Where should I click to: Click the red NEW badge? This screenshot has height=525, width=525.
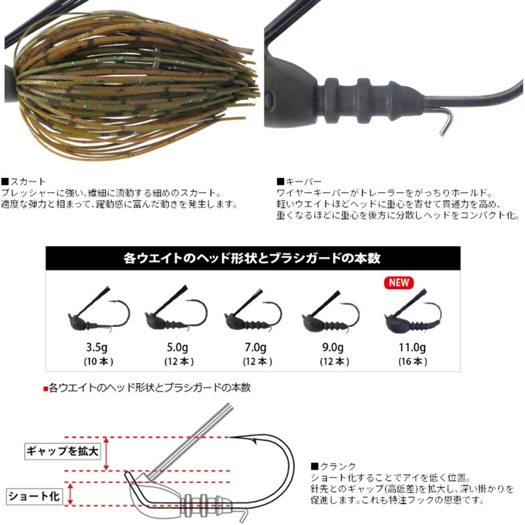399,282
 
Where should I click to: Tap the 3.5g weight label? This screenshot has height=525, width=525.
97,347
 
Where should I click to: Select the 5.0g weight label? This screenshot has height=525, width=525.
177,347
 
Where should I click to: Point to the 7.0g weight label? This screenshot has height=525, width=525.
256,347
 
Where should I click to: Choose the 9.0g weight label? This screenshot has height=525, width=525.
333,347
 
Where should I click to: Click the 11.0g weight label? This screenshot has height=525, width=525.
412,347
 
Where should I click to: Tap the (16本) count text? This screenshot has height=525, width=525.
412,361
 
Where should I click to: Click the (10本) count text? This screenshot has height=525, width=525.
98,361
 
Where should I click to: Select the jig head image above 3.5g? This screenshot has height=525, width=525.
98,310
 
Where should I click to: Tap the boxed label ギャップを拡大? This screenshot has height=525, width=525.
62,451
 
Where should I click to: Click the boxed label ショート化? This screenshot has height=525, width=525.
34,496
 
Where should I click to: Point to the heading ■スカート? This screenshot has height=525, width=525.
23,181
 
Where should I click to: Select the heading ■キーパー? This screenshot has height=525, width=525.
299,181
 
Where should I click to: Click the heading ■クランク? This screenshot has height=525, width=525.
333,466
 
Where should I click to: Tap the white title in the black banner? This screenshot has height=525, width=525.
252,258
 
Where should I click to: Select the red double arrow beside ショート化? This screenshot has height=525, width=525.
70,493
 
